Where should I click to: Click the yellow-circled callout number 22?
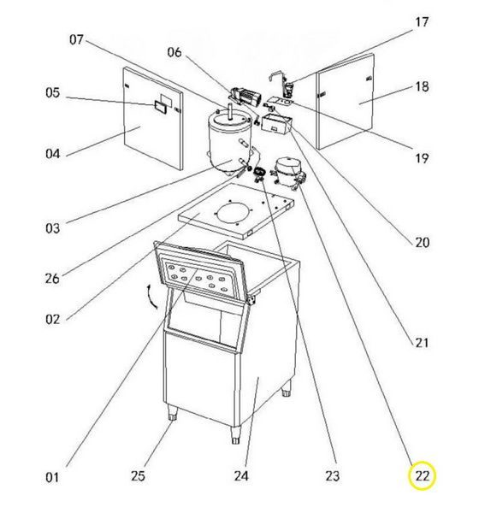(x=422, y=475)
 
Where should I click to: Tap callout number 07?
(x=76, y=40)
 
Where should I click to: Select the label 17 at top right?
(x=422, y=22)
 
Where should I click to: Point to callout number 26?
(x=52, y=279)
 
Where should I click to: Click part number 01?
(x=52, y=477)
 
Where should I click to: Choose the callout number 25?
(x=138, y=475)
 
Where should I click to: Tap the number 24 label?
(x=241, y=475)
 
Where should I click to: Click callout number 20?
(x=422, y=243)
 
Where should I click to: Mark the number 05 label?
(x=53, y=92)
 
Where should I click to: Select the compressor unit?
(x=287, y=172)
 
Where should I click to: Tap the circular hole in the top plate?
(x=234, y=214)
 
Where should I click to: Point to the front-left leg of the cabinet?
(x=172, y=413)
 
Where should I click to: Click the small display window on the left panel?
(x=161, y=107)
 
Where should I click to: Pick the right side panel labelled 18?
(x=346, y=102)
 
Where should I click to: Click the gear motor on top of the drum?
(x=245, y=95)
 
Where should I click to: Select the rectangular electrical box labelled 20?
(x=276, y=124)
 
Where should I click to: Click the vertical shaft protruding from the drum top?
(x=230, y=110)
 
